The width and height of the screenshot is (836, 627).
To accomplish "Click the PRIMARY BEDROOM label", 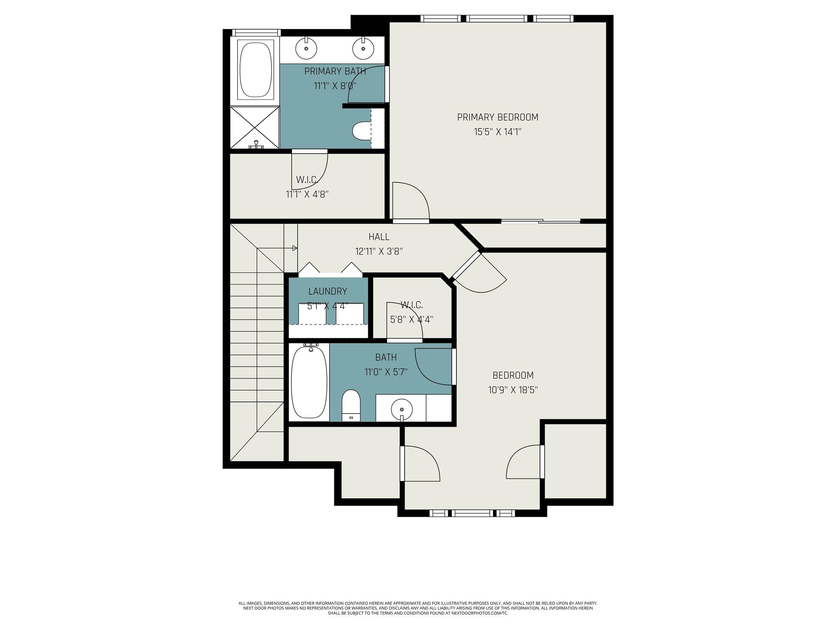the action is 498,117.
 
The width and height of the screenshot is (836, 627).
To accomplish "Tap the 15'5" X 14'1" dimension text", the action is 498,132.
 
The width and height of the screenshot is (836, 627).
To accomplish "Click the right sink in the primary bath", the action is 363,48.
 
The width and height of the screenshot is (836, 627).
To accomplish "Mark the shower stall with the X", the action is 255,127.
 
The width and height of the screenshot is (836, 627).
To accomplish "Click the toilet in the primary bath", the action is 362,131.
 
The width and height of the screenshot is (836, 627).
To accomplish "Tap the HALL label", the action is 379,237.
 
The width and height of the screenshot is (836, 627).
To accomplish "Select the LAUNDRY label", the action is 328,291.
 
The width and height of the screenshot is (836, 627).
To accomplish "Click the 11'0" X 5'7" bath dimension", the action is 386,372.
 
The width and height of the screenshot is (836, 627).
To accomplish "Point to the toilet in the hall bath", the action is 351,405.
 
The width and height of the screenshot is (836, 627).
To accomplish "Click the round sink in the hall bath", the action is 402,409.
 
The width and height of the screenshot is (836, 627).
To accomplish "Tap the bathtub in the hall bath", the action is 309,382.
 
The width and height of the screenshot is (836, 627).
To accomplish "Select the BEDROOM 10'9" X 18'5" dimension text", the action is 513,390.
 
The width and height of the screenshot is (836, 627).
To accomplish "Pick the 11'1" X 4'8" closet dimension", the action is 307,194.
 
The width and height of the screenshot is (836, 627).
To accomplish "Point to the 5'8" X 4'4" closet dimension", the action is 411,319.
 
